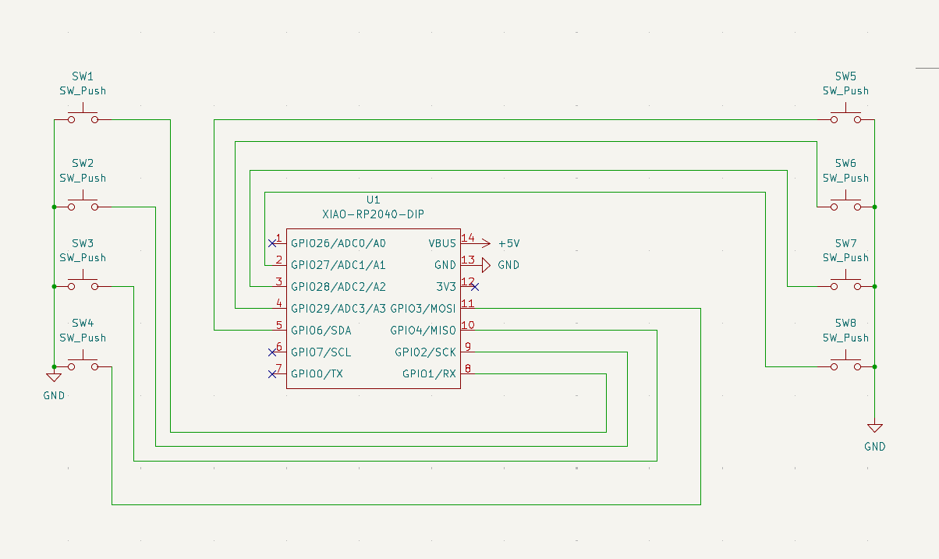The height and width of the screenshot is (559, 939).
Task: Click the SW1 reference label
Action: (83, 76)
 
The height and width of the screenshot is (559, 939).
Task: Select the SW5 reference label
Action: (845, 76)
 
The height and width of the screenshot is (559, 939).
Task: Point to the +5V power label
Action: (508, 243)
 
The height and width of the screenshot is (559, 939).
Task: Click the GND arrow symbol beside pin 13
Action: (485, 265)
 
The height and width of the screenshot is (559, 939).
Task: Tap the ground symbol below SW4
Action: (54, 377)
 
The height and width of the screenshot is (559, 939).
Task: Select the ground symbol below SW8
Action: (875, 428)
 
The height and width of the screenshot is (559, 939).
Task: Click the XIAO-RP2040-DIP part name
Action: (374, 214)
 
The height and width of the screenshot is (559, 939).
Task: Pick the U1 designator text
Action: (374, 200)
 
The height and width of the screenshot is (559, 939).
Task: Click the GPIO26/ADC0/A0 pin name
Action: (338, 243)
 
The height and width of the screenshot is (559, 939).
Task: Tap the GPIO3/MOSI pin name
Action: (423, 309)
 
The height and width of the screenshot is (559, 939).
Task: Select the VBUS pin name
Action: (442, 243)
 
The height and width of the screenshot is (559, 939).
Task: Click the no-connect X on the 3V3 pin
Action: (474, 287)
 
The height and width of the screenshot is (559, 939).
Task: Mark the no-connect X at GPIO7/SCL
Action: (272, 352)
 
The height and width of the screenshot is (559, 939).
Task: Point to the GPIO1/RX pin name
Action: (429, 374)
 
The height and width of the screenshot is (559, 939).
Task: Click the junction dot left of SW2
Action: (54, 207)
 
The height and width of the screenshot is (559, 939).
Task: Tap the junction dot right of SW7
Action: (875, 287)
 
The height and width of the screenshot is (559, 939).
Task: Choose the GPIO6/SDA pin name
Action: (321, 331)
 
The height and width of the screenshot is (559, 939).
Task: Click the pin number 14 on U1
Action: (468, 238)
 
